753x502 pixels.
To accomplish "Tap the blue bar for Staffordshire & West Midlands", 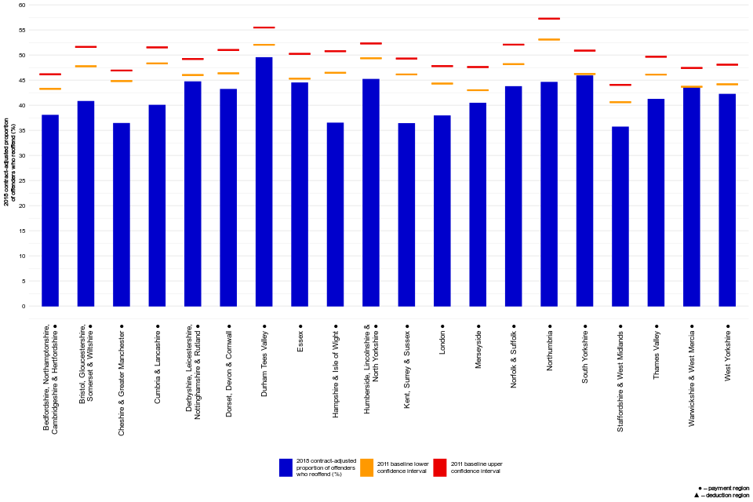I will [x=620, y=216].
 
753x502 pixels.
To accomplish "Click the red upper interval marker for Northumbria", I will [x=549, y=18].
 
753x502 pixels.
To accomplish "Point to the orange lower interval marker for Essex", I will [x=300, y=78].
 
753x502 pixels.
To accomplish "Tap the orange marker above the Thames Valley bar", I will [x=656, y=75].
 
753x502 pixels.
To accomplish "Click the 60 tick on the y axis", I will [x=22, y=5].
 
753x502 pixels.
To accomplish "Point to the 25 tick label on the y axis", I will [x=22, y=180].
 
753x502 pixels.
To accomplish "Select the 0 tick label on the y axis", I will [x=24, y=306].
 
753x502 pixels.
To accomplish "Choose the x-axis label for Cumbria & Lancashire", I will [x=158, y=366].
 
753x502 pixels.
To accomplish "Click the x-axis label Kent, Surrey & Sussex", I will [x=407, y=366].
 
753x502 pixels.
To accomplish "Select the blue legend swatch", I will [x=286, y=468].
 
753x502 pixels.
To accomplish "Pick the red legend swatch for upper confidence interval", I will [x=440, y=468].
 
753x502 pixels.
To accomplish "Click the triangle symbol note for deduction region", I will [x=697, y=496].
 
